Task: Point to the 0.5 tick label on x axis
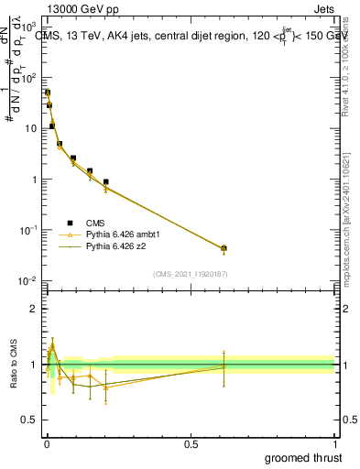coord(190,443)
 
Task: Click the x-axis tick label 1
coord(334,443)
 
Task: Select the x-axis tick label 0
coord(46,443)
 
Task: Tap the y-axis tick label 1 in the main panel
coord(37,180)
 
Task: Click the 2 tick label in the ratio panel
coord(37,309)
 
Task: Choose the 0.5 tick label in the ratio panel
coord(33,420)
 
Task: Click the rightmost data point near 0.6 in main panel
coord(224,248)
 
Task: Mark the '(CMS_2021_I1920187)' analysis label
coord(190,274)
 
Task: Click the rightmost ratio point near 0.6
coord(224,366)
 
